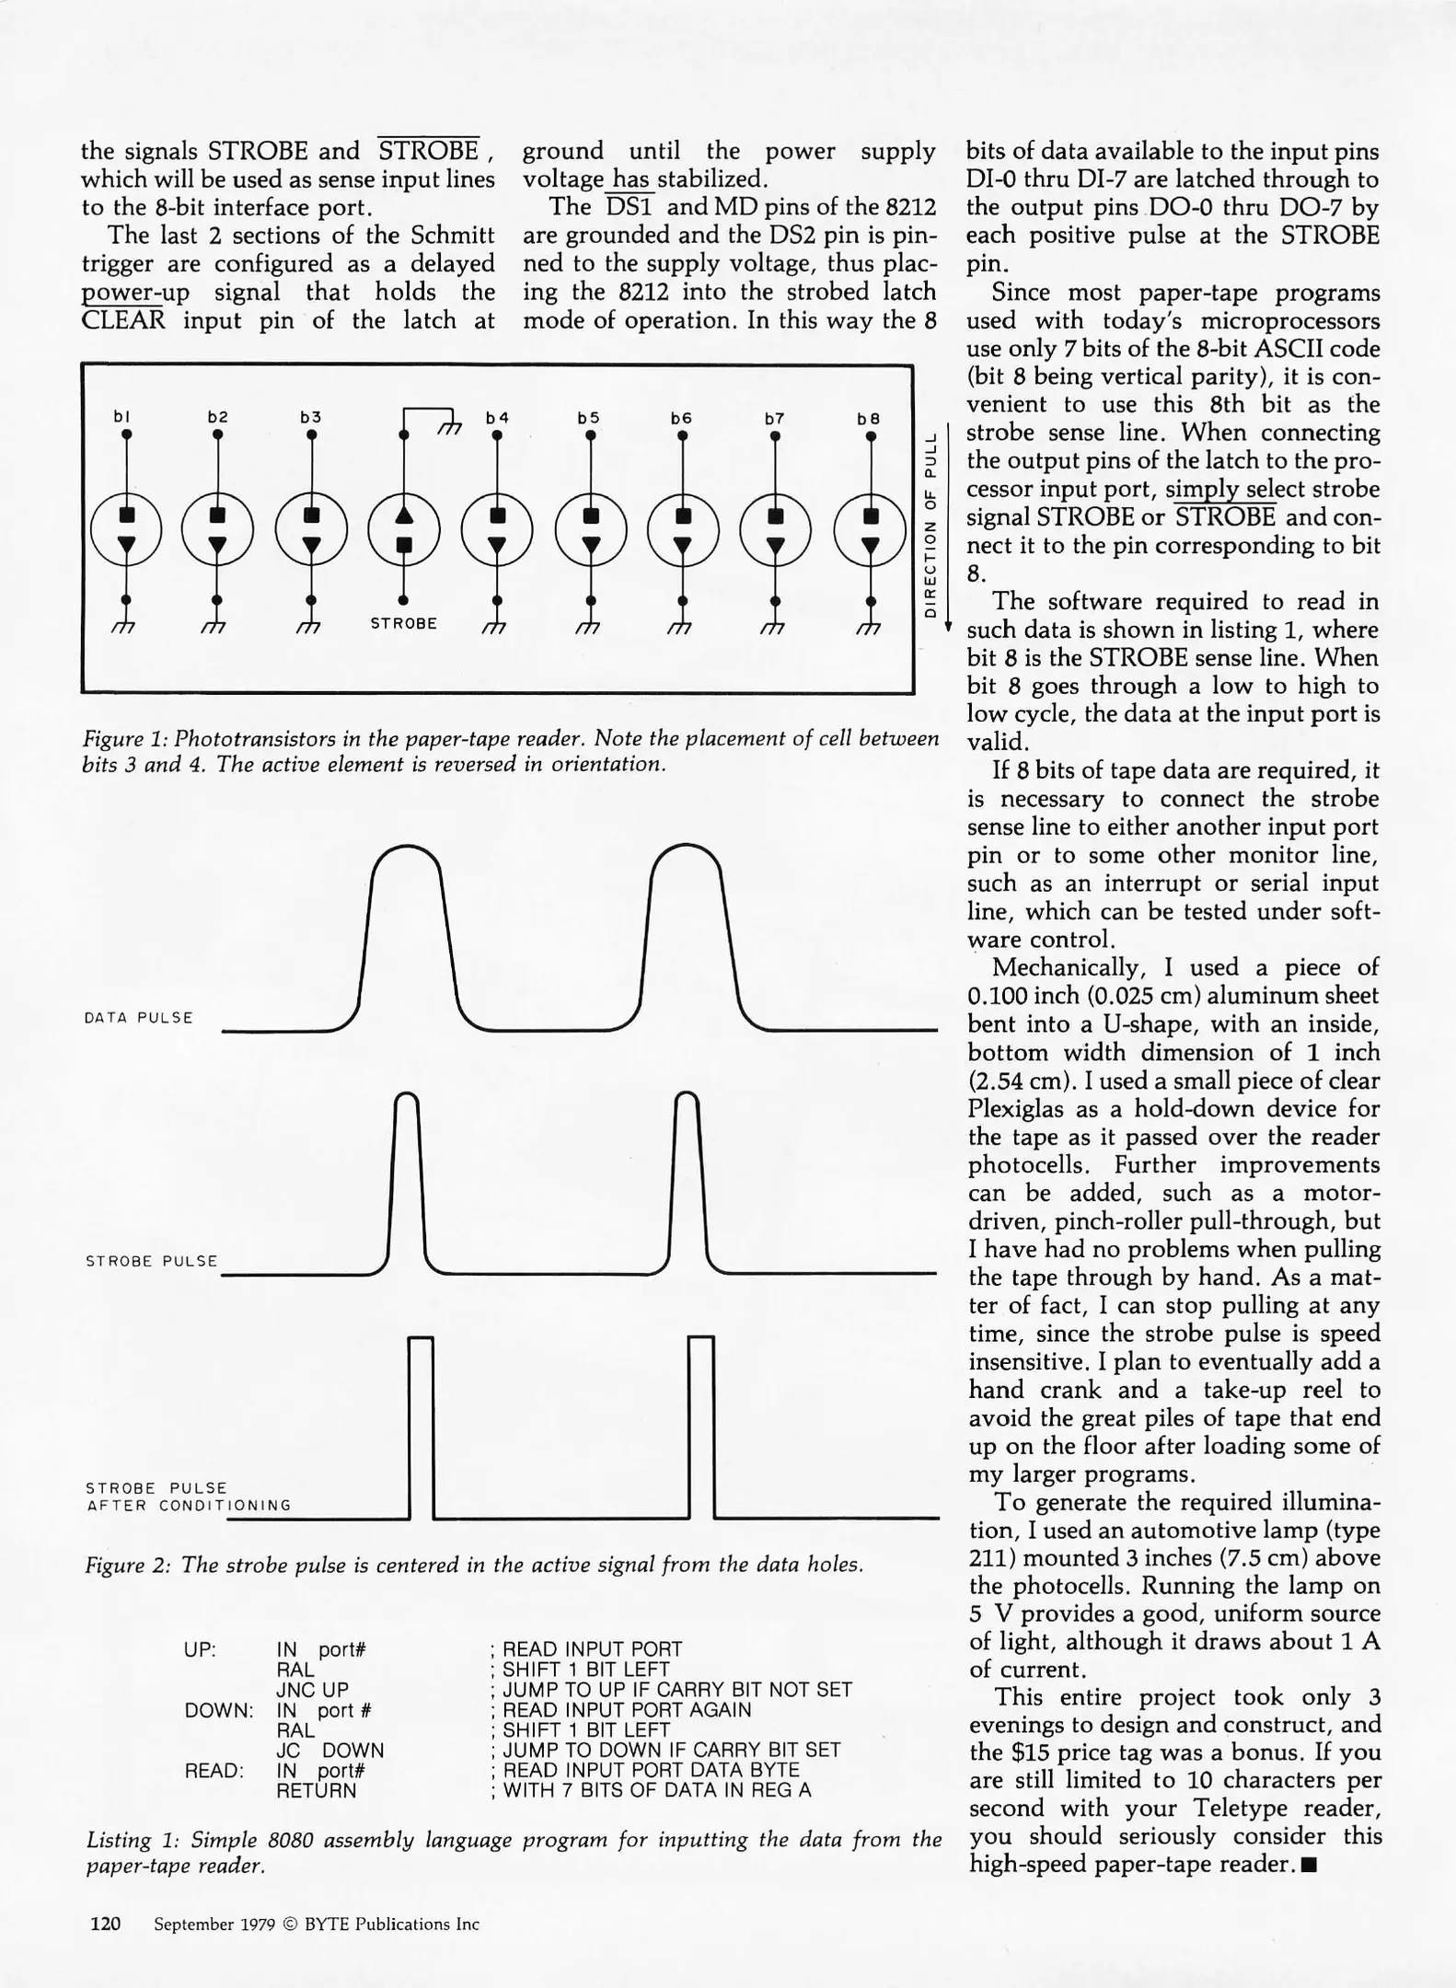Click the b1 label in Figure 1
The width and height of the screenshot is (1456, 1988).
coord(121,417)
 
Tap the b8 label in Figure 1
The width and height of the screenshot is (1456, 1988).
coord(868,418)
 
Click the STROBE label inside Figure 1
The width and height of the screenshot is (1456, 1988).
coord(403,623)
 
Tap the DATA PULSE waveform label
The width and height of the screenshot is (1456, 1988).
coord(138,1017)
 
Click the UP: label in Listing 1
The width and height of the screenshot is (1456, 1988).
coord(201,1649)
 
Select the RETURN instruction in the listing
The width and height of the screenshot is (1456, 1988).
coord(316,1790)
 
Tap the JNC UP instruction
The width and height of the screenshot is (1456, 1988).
coord(312,1690)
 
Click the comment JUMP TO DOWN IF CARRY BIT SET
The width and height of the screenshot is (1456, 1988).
coord(670,1750)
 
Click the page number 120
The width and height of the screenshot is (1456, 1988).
coord(105,1924)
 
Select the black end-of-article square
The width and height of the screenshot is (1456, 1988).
coord(1310,1866)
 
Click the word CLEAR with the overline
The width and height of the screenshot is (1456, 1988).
coord(122,320)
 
